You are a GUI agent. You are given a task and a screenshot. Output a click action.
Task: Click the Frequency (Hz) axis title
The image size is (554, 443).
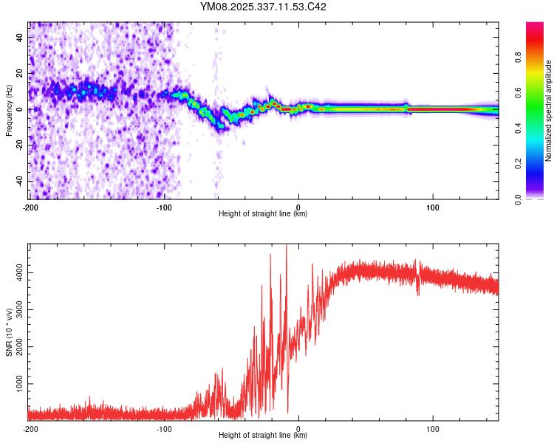click(9, 110)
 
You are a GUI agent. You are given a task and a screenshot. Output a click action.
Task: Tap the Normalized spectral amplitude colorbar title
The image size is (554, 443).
click(549, 111)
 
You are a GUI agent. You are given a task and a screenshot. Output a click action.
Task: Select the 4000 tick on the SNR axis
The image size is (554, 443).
click(17, 273)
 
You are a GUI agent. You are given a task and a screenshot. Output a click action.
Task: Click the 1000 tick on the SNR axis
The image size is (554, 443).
click(17, 385)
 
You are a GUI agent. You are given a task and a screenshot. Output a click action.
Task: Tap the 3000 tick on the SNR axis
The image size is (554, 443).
click(17, 310)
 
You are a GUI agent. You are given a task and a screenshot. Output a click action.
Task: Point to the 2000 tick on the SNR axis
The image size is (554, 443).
click(17, 348)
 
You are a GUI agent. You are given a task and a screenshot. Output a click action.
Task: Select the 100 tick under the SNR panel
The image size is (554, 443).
click(433, 428)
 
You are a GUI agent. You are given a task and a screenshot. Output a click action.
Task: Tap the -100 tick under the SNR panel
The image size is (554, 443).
click(164, 428)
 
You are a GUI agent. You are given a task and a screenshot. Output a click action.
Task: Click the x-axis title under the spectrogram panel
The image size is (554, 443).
click(263, 214)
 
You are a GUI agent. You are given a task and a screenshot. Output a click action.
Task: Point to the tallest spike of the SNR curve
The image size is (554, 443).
click(287, 247)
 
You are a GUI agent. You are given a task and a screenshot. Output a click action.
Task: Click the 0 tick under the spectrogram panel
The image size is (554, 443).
click(298, 207)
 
